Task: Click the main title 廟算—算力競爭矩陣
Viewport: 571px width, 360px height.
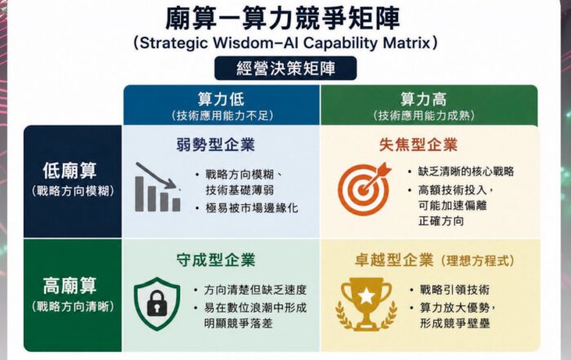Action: tap(282, 18)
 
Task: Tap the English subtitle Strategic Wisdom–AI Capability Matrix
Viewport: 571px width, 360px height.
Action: tap(285, 43)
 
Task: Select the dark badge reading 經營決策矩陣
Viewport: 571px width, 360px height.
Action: tap(285, 68)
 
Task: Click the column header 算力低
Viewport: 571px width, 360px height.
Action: tap(221, 99)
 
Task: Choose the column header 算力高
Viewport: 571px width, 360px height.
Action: tap(423, 99)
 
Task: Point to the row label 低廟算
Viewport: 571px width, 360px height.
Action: tap(69, 171)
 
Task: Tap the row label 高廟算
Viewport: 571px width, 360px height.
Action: tap(69, 285)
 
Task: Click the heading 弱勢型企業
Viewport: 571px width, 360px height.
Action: tap(215, 144)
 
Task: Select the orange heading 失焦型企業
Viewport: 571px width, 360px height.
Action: tap(418, 144)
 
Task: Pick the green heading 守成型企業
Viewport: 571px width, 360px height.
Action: tap(215, 260)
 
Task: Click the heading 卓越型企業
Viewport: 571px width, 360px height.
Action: tap(394, 260)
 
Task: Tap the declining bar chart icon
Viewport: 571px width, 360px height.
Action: tap(158, 187)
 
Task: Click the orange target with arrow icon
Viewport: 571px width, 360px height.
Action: tap(364, 189)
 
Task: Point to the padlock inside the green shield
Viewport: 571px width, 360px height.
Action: tap(157, 303)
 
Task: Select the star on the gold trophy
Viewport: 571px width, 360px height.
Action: tap(366, 296)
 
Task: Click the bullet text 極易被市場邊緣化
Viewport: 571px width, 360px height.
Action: tap(251, 208)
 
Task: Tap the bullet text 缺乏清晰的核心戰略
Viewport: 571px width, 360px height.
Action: tap(466, 171)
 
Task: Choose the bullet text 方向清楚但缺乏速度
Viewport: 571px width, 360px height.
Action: tap(255, 290)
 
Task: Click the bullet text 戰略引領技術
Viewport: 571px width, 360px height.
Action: tap(455, 290)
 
